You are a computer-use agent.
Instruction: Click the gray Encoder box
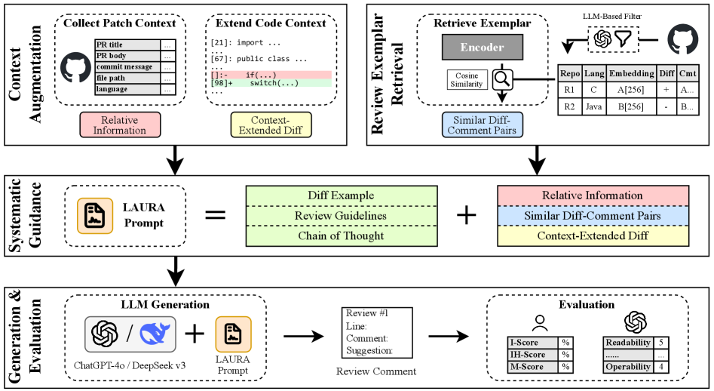(x=483, y=47)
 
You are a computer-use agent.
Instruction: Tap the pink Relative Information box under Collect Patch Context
(x=120, y=125)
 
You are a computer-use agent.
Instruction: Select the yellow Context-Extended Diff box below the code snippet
(x=271, y=125)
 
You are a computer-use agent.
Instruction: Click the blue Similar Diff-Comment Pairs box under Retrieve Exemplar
(x=483, y=125)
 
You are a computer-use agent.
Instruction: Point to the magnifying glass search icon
(x=502, y=79)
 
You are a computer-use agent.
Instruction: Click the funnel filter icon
(x=624, y=39)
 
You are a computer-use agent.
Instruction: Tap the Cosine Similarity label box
(x=467, y=80)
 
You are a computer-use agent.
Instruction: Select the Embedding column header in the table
(x=631, y=73)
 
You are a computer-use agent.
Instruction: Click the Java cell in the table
(x=594, y=106)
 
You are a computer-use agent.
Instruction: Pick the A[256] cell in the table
(x=631, y=90)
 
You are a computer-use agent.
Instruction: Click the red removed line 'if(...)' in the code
(x=271, y=75)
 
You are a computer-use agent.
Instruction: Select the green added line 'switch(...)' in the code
(x=271, y=83)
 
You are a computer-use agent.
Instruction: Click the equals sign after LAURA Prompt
(x=216, y=214)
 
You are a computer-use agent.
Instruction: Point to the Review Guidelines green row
(x=342, y=216)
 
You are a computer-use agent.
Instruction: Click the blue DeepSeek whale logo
(x=155, y=334)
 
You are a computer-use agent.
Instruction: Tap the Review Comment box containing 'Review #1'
(x=377, y=333)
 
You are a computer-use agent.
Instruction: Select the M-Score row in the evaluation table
(x=540, y=367)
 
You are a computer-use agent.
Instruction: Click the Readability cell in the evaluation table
(x=628, y=343)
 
